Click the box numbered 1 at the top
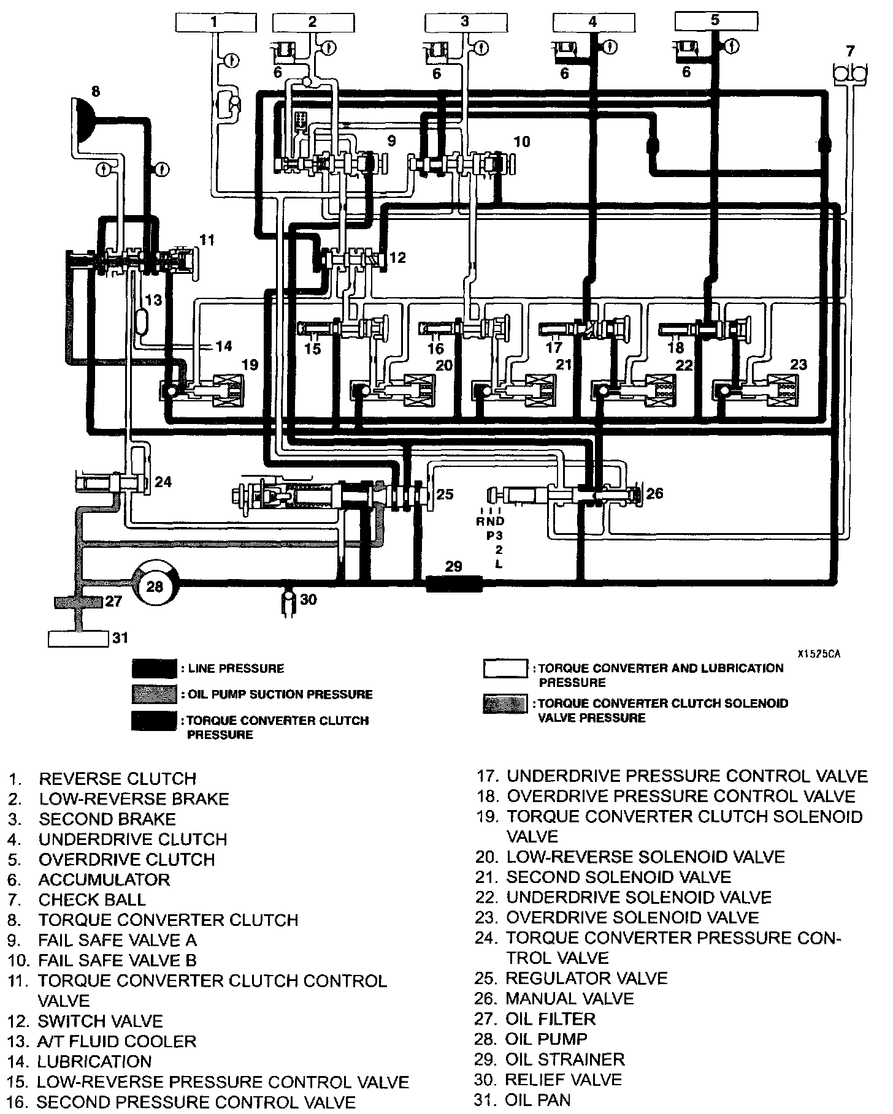coord(214,23)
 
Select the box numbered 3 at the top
coord(464,23)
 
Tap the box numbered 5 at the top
coord(715,21)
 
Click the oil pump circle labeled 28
coord(155,586)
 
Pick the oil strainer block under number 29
coord(454,583)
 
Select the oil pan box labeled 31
coord(79,638)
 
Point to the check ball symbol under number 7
coord(850,74)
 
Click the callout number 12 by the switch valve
coord(397,257)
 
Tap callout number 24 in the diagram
coord(163,482)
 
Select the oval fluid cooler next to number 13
coord(143,320)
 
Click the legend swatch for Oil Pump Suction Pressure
coord(154,694)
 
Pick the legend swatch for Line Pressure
coord(154,669)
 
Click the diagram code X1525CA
coord(818,654)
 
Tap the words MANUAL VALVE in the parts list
coord(569,998)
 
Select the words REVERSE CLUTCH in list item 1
coord(118,779)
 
